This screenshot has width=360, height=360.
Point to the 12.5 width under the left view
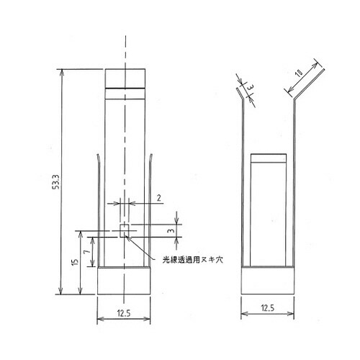point(125,314)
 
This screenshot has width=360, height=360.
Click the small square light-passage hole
point(125,230)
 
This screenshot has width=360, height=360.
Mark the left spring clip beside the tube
point(98,209)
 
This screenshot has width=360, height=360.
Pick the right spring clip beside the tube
point(151,209)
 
